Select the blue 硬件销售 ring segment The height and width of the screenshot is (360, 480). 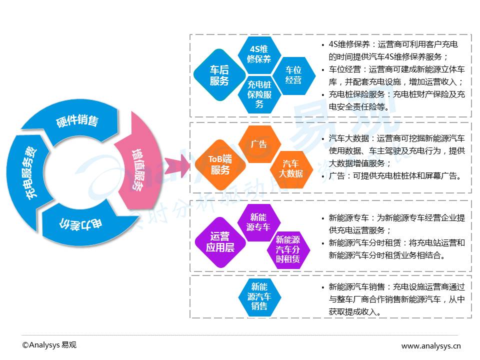[x=76, y=121]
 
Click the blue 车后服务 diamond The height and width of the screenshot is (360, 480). [x=219, y=75]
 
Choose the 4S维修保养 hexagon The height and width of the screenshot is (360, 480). [x=259, y=54]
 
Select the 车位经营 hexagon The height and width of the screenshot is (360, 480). [x=293, y=75]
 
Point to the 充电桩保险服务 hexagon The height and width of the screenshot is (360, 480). [x=259, y=94]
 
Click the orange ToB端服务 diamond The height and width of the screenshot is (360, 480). [x=220, y=164]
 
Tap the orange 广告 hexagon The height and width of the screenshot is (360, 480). [x=259, y=144]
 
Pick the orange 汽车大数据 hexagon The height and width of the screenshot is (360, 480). [x=291, y=169]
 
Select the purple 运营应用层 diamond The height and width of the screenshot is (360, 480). [x=220, y=242]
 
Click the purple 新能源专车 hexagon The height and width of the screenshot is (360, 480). [x=258, y=222]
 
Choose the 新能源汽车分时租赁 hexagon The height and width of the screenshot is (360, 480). [x=288, y=250]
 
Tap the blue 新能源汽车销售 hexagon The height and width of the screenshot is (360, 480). [x=259, y=296]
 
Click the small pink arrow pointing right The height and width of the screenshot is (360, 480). [x=177, y=165]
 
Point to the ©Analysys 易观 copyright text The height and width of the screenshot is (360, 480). [x=49, y=345]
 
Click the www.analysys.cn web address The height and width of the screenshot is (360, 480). [x=430, y=346]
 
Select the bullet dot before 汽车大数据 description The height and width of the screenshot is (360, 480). [x=323, y=139]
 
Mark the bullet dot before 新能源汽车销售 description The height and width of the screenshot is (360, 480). [x=323, y=288]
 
